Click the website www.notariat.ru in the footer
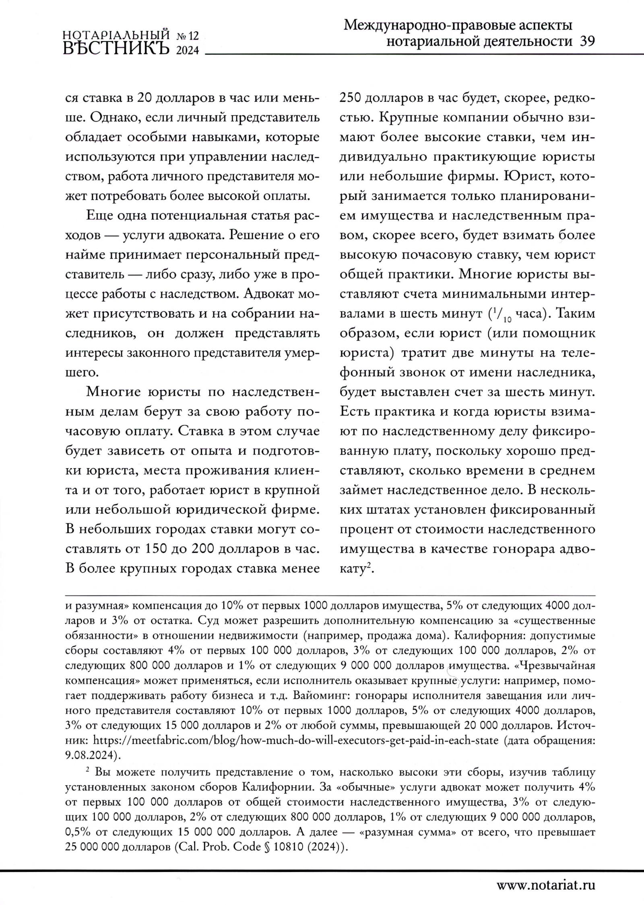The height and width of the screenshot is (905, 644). (546, 885)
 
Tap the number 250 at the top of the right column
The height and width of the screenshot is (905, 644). (351, 99)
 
